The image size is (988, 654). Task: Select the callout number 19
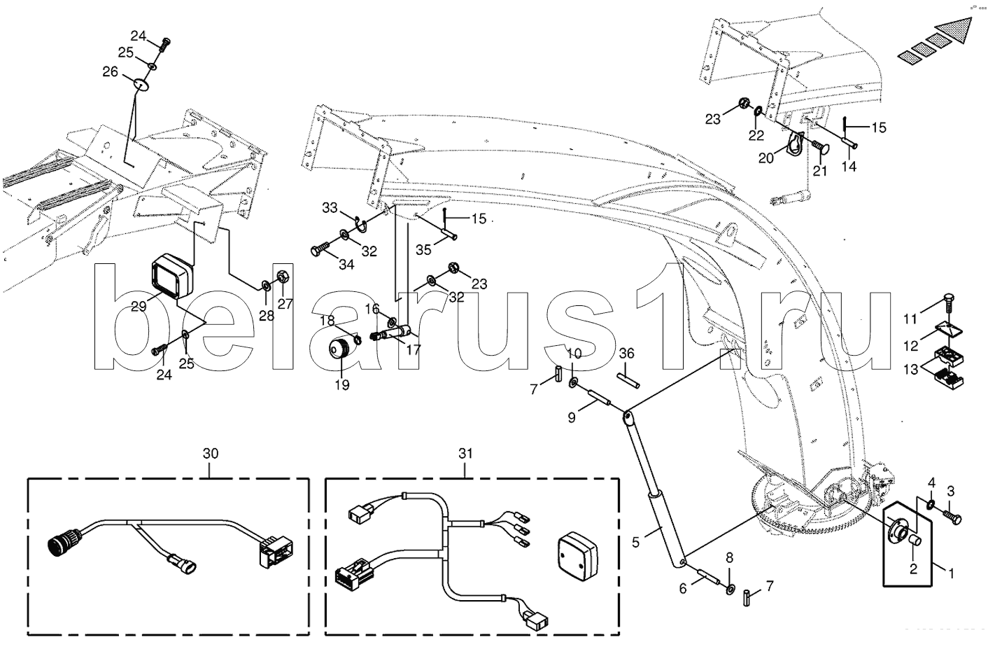[342, 384]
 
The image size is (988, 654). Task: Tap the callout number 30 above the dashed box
[211, 454]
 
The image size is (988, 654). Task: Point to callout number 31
[466, 454]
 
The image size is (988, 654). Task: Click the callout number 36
[626, 354]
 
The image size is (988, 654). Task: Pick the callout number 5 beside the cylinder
[636, 541]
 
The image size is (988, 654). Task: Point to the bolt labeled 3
[954, 517]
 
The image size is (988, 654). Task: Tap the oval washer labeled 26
[142, 84]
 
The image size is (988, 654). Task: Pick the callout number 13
[910, 370]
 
